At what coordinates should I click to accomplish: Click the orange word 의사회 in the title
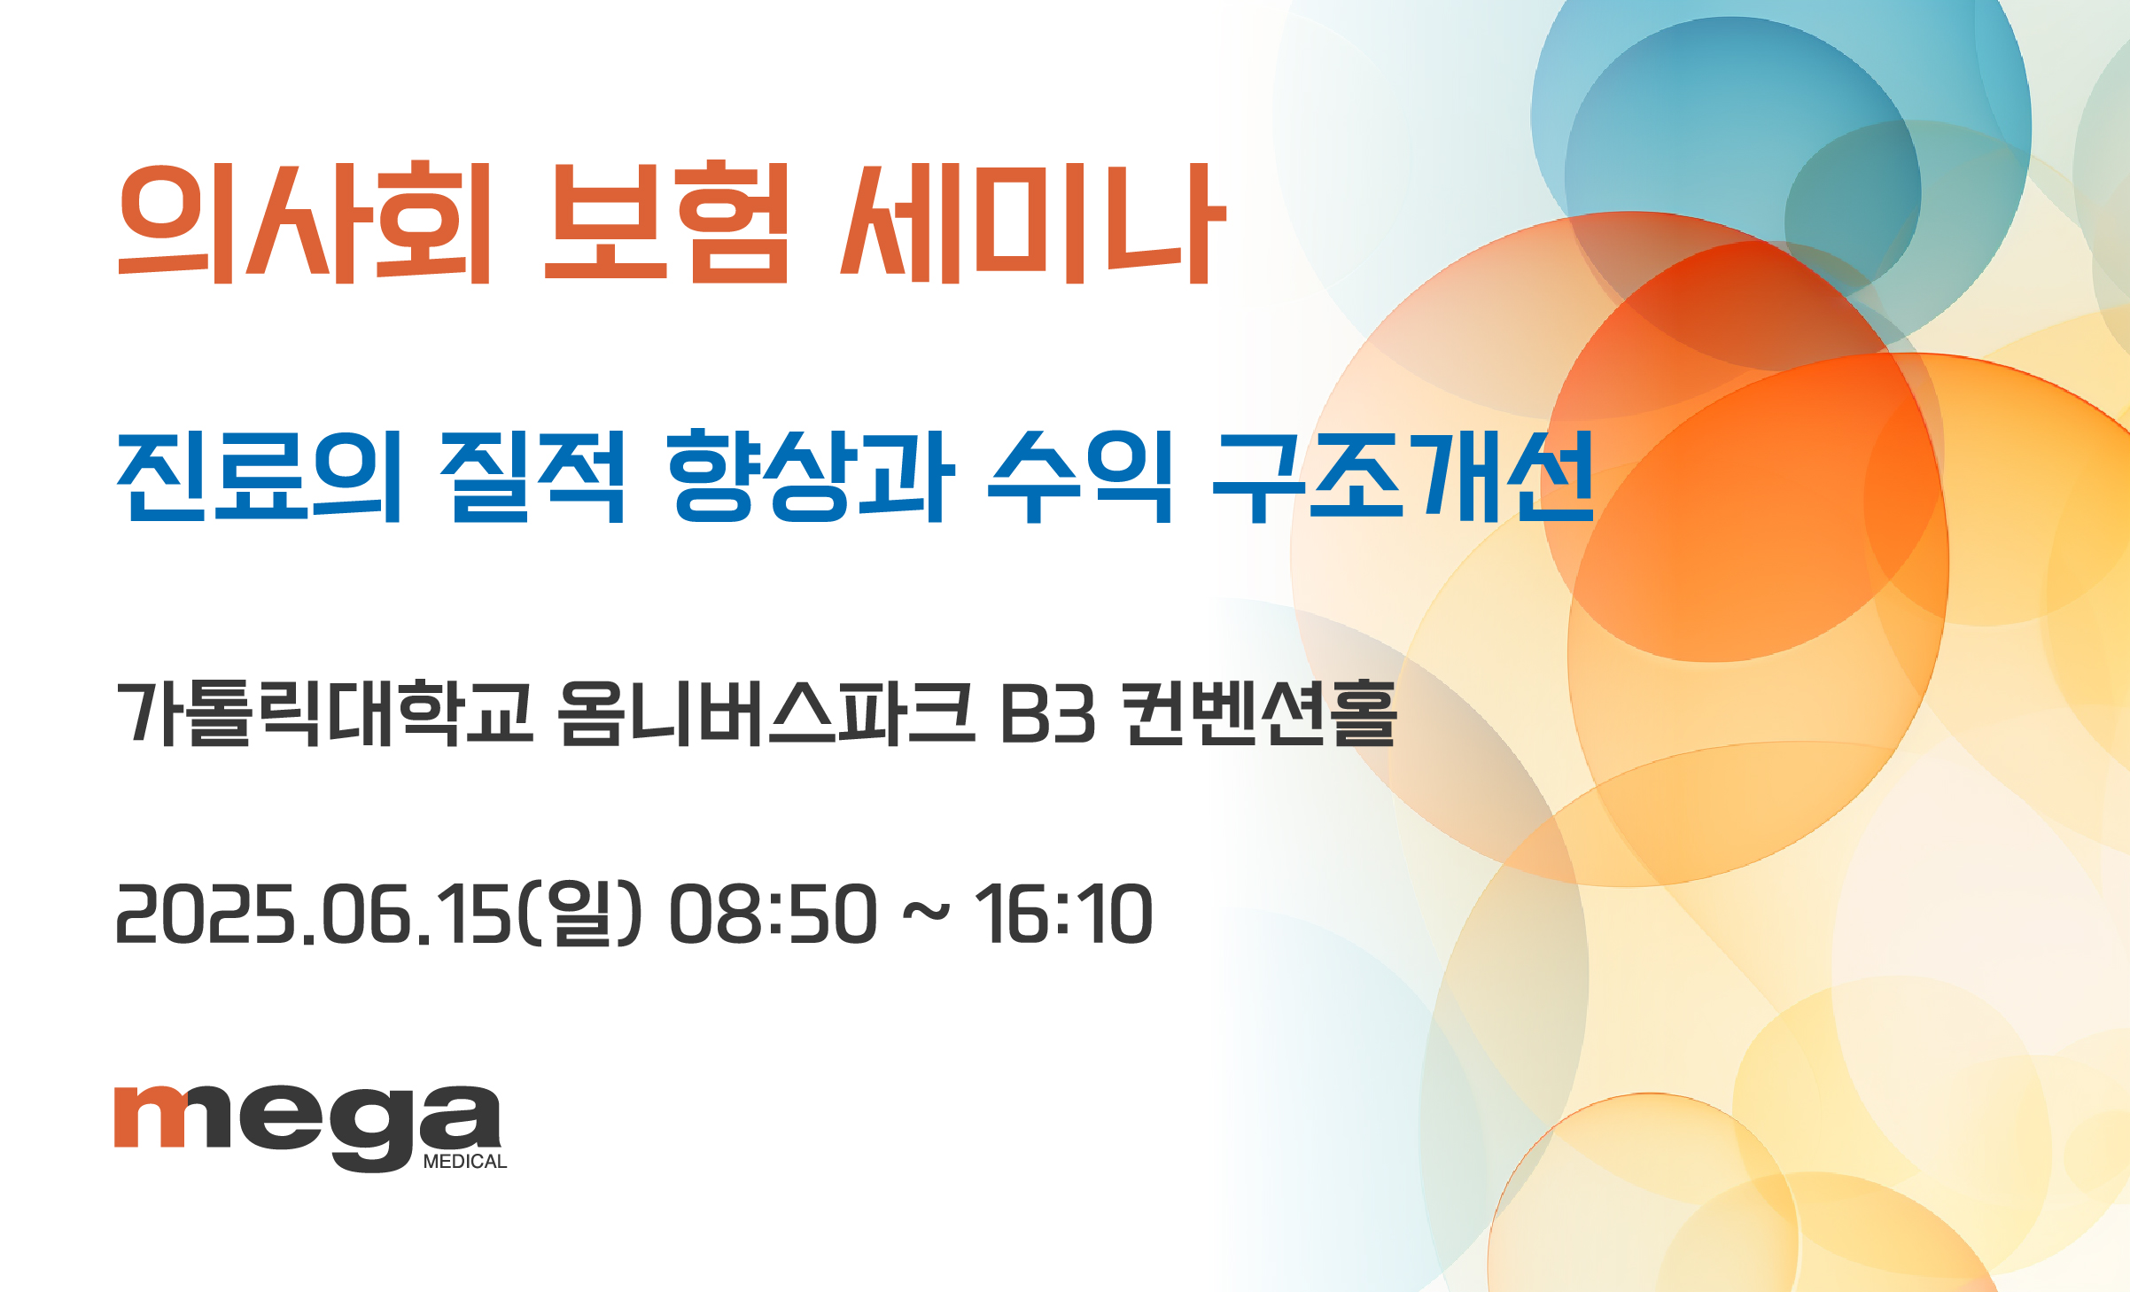pyautogui.click(x=304, y=222)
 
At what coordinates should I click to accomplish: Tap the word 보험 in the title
pyautogui.click(x=665, y=222)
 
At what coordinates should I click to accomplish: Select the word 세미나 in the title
pyautogui.click(x=1033, y=223)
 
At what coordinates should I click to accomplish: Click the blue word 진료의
pyautogui.click(x=260, y=477)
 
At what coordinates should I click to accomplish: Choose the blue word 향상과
pyautogui.click(x=811, y=477)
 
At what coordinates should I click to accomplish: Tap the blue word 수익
pyautogui.click(x=1079, y=477)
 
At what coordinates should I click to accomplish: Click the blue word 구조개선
pyautogui.click(x=1403, y=477)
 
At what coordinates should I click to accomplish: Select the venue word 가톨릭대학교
pyautogui.click(x=324, y=713)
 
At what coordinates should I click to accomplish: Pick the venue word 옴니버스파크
pyautogui.click(x=766, y=713)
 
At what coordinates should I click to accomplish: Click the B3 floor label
pyautogui.click(x=1048, y=714)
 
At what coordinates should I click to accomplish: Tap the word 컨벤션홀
pyautogui.click(x=1259, y=713)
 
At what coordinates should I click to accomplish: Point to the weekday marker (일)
pyautogui.click(x=578, y=914)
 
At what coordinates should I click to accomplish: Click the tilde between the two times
pyautogui.click(x=926, y=913)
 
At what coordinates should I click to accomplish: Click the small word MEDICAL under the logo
pyautogui.click(x=465, y=1162)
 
